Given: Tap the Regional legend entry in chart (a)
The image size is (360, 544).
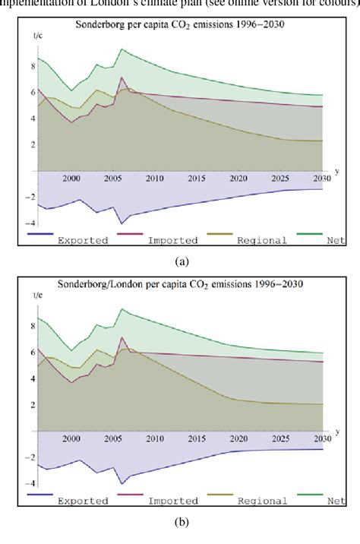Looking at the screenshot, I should point(262,240).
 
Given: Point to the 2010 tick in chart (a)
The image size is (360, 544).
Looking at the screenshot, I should point(154,179).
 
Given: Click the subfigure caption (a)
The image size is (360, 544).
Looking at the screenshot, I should point(182,261).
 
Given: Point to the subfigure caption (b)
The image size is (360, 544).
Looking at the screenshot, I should point(182,522).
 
